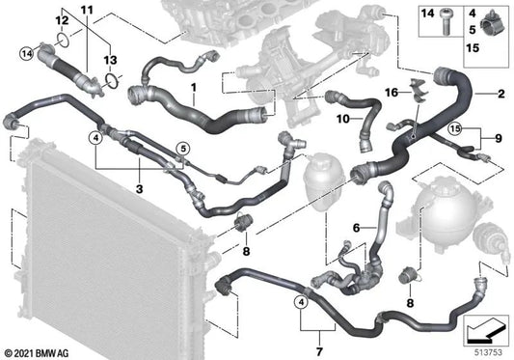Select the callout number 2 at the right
501,96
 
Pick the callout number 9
500,138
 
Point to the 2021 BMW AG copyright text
38,350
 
